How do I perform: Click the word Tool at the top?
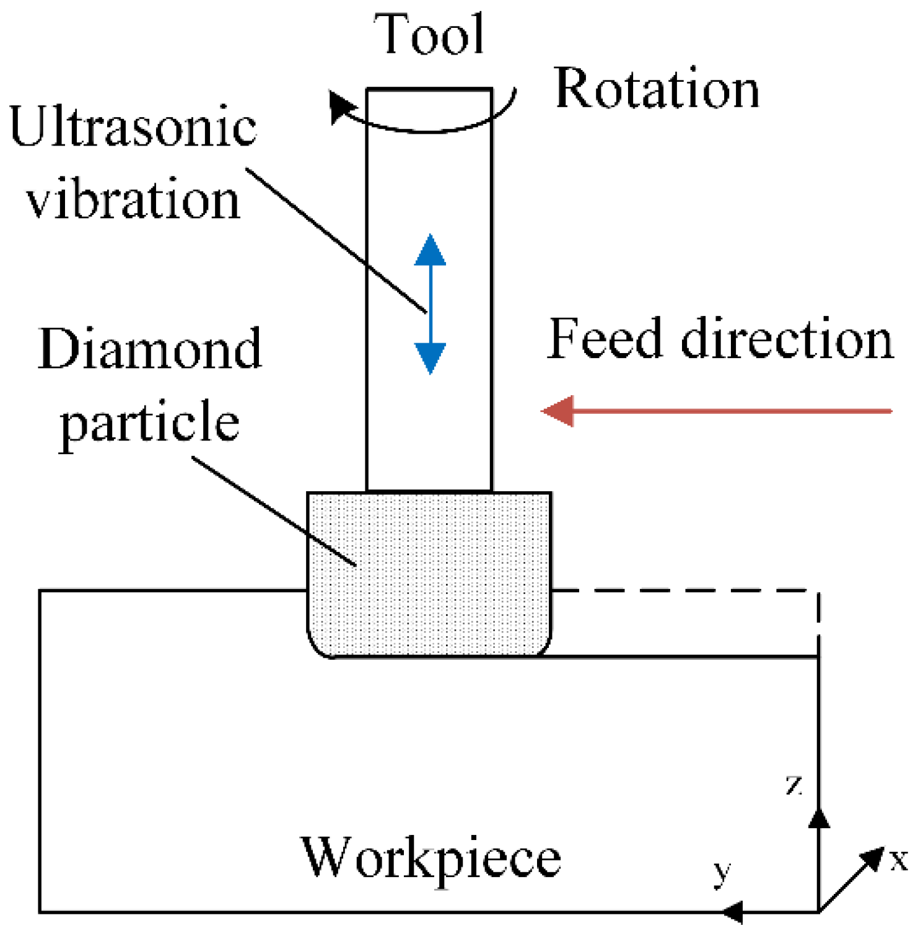pos(429,35)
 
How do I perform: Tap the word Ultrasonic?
pos(133,127)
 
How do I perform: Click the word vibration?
pos(133,199)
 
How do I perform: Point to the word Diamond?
pos(150,349)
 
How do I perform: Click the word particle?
pos(150,422)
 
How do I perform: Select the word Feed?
pos(606,339)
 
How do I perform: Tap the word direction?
pos(787,339)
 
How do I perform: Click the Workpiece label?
pos(431,858)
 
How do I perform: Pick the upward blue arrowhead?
pos(430,251)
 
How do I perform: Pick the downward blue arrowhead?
pos(430,358)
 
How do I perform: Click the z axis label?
pos(794,785)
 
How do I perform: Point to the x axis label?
pos(899,860)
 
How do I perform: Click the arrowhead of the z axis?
pos(819,818)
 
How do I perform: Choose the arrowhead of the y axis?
pos(733,912)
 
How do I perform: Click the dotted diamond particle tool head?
pos(429,573)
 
